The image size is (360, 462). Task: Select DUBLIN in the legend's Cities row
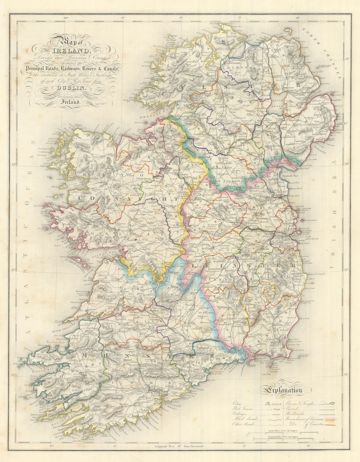272,403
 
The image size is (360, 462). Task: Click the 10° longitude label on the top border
66,18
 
